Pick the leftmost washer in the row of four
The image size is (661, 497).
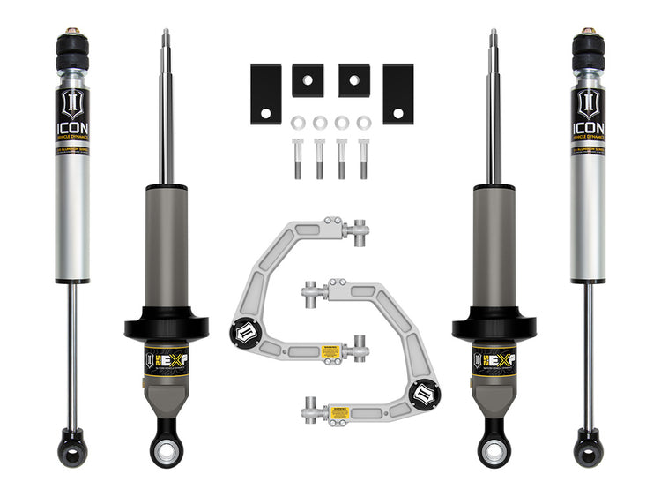[x=299, y=121]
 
